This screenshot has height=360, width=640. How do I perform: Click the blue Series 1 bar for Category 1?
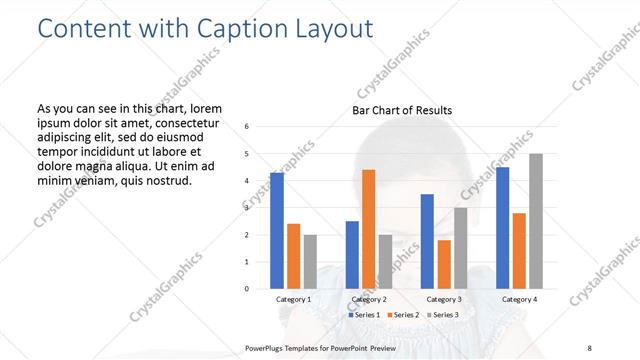(277, 231)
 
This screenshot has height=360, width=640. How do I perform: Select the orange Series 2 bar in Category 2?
(368, 229)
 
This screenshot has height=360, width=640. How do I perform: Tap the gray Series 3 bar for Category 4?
(536, 221)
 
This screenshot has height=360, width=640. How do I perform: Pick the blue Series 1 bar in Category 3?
(427, 241)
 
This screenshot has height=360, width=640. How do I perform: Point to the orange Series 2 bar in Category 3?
(444, 264)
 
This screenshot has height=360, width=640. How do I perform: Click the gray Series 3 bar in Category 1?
(310, 261)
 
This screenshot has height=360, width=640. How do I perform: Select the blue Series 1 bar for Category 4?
(502, 228)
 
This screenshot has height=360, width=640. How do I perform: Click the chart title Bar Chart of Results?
(402, 110)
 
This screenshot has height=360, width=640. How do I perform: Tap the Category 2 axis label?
(368, 299)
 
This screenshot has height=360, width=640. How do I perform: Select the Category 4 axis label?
(519, 299)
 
